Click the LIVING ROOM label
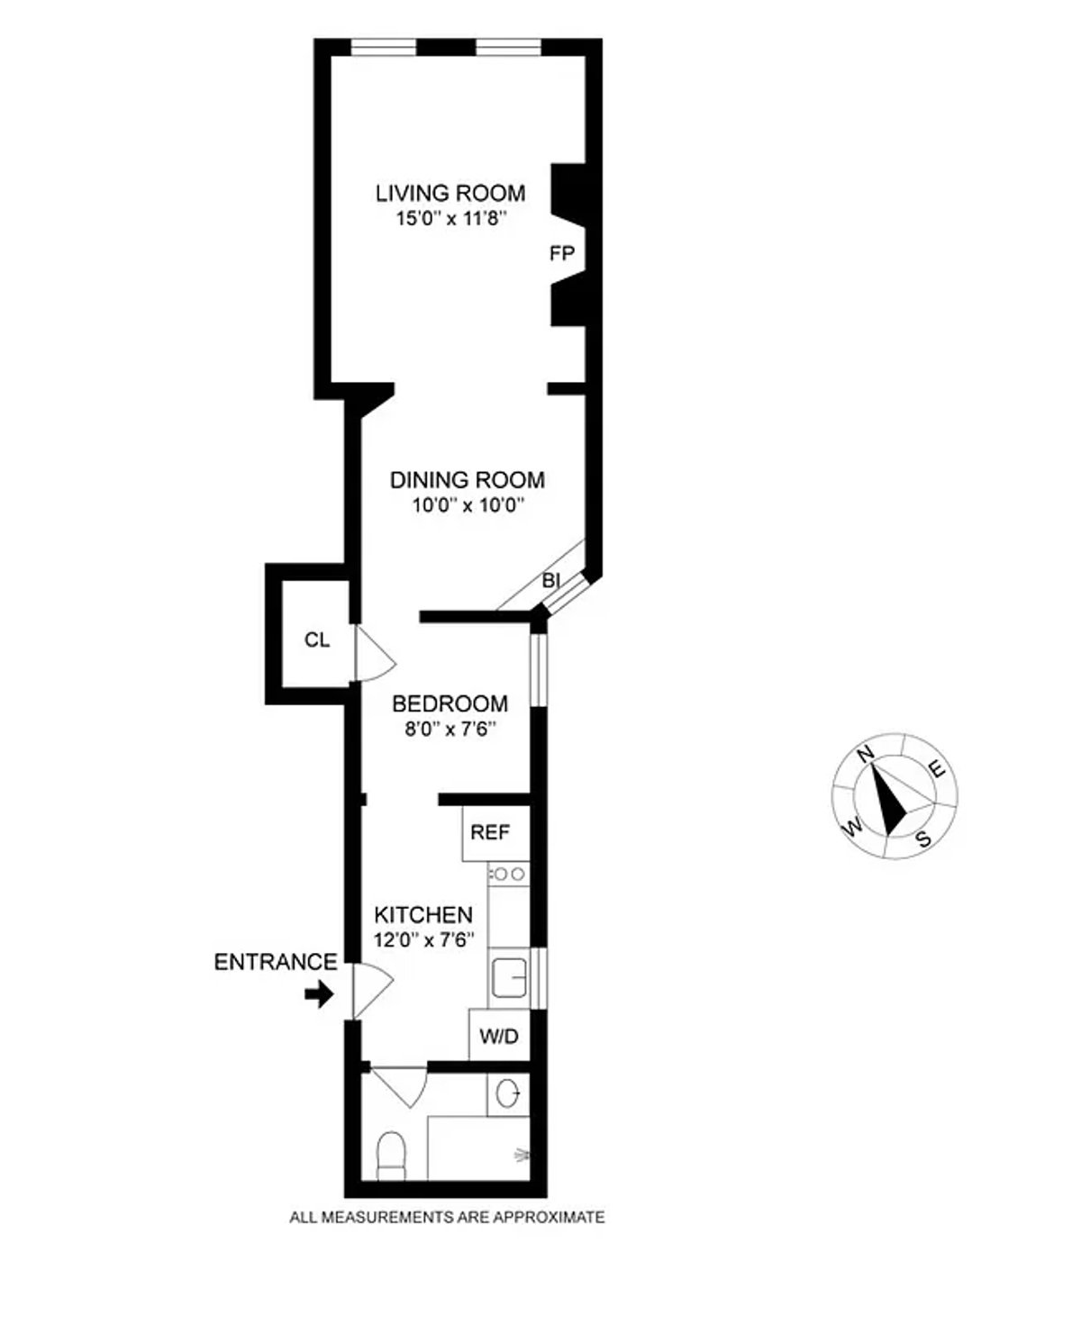(x=450, y=193)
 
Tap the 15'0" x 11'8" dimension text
(x=450, y=218)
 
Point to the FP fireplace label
(x=562, y=254)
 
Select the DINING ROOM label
(x=468, y=480)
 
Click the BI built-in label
(x=551, y=581)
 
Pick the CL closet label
(x=317, y=640)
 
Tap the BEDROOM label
(x=450, y=703)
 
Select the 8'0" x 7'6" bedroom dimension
(x=450, y=728)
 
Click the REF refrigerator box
(x=490, y=832)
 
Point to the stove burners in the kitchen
(x=508, y=873)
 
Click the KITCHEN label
(x=422, y=915)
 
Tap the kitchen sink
(x=509, y=978)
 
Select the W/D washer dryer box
(x=499, y=1036)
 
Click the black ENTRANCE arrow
(x=318, y=994)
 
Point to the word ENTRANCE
(x=275, y=962)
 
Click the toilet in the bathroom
(x=392, y=1156)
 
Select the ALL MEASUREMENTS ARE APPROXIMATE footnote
(x=447, y=1218)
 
